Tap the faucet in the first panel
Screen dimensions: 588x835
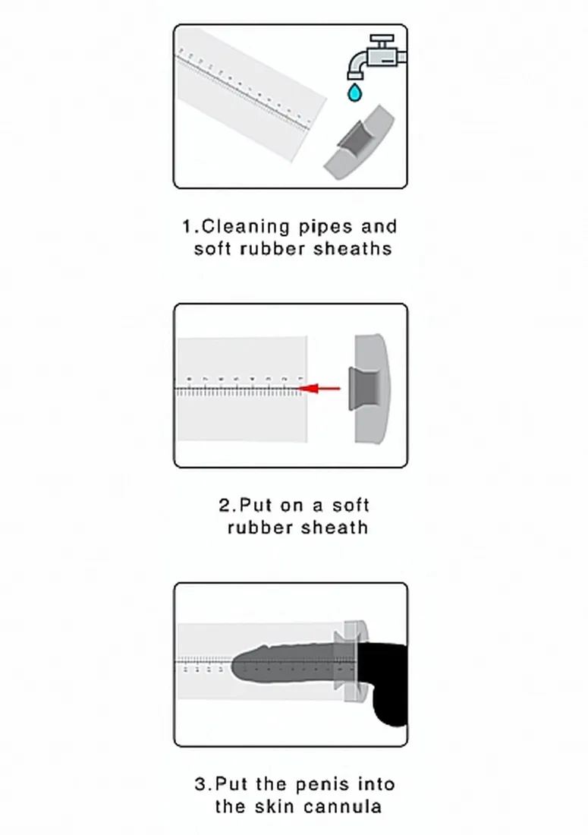[377, 57]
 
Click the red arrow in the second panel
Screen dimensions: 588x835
[319, 388]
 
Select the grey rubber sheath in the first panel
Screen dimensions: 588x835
[359, 143]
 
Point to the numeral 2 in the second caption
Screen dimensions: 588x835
[224, 505]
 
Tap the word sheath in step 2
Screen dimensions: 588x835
[335, 528]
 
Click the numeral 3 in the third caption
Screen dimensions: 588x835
[200, 784]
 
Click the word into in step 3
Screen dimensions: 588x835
[376, 784]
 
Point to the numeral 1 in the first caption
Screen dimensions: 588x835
[187, 227]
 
